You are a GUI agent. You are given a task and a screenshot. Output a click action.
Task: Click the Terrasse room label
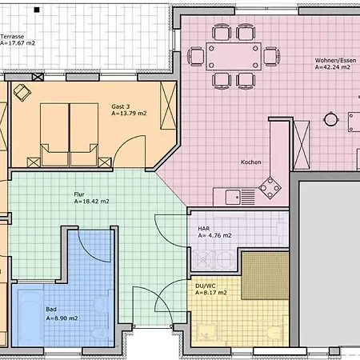(12, 37)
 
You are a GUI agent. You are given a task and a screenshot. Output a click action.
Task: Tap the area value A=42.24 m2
(332, 67)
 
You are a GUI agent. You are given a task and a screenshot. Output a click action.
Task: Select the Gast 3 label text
(121, 106)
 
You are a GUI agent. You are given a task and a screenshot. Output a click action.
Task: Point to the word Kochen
(250, 162)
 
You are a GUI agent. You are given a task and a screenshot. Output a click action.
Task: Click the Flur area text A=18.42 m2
(91, 202)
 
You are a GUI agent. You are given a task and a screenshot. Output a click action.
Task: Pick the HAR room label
(204, 229)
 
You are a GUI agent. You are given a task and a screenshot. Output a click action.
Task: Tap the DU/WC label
(206, 286)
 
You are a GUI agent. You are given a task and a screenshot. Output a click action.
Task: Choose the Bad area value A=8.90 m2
(62, 318)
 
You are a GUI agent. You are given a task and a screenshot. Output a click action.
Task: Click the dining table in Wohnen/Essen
(234, 56)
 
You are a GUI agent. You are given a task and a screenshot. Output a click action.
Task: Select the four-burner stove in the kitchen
(270, 188)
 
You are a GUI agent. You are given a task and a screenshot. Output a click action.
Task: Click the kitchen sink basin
(233, 198)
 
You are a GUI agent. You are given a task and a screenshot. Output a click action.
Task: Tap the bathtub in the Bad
(30, 316)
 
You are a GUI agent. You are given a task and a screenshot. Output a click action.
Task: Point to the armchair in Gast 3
(22, 92)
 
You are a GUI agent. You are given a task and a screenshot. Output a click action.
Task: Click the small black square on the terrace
(37, 10)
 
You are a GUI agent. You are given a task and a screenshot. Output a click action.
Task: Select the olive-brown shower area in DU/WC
(265, 275)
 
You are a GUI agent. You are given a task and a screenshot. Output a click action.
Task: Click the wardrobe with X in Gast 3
(168, 106)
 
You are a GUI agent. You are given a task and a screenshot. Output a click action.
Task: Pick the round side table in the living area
(331, 119)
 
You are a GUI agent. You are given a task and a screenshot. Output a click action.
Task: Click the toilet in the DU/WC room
(274, 334)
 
